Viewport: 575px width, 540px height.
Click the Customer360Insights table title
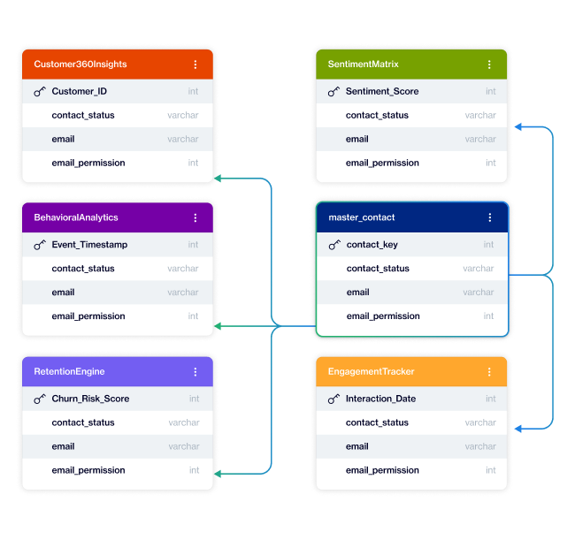[80, 65]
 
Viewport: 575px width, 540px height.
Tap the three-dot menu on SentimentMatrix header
[489, 65]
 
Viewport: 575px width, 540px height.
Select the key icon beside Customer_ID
[40, 91]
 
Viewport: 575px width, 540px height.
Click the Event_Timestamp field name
[89, 245]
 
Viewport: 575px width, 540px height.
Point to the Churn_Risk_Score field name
[90, 399]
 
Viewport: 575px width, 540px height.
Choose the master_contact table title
[362, 217]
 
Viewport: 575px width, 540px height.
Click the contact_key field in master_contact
[372, 245]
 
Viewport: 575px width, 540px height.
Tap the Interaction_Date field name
[380, 399]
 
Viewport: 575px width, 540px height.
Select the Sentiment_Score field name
[382, 91]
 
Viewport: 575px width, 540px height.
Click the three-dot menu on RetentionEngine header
[195, 372]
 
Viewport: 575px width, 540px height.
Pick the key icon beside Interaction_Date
[333, 399]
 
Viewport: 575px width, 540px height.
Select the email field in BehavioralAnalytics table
[64, 293]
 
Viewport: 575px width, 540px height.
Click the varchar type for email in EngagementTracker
[480, 446]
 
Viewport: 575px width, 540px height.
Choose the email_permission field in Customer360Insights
[88, 163]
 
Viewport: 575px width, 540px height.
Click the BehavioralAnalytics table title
[76, 217]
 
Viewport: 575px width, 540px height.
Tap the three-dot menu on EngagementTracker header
[489, 372]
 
